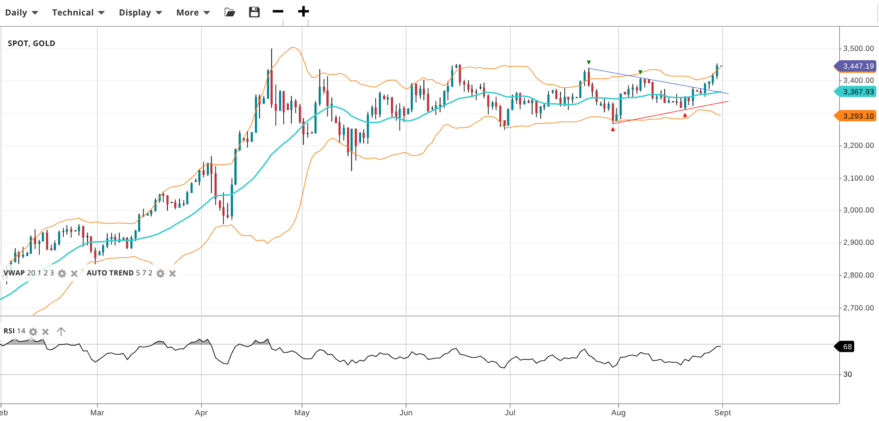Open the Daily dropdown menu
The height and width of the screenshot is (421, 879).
click(x=21, y=12)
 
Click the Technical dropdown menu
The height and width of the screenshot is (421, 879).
click(x=78, y=12)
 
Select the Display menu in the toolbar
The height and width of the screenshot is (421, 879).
click(x=140, y=12)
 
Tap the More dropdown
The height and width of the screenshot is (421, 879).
click(x=193, y=12)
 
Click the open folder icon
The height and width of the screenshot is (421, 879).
click(x=230, y=12)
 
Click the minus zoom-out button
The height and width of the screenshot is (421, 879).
click(x=278, y=12)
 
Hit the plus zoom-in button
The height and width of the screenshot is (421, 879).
click(x=303, y=12)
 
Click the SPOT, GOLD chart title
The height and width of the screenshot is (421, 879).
click(x=31, y=43)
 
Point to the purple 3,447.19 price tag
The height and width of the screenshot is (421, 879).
click(x=857, y=66)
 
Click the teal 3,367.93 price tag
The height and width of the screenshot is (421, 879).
click(x=857, y=92)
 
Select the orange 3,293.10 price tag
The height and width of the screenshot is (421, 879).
click(x=857, y=116)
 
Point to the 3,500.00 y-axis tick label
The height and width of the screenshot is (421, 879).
click(x=858, y=48)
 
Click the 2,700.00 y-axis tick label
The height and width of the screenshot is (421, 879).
click(x=858, y=308)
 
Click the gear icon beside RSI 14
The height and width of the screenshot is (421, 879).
click(x=33, y=332)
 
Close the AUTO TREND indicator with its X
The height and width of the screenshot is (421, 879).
click(x=173, y=274)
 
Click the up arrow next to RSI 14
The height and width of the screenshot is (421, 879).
click(x=61, y=331)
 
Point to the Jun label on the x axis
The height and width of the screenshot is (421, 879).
click(x=406, y=413)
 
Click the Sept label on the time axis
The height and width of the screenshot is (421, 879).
click(x=722, y=413)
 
